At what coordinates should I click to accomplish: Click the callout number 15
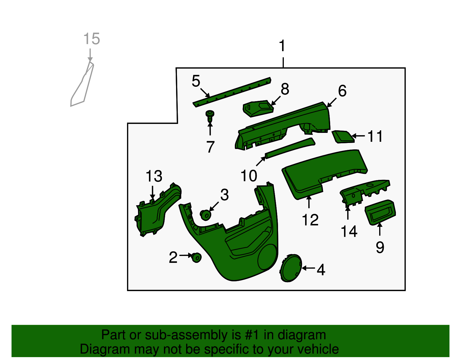[91, 39]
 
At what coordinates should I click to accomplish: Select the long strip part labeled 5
[232, 92]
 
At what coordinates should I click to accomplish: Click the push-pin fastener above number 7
[209, 116]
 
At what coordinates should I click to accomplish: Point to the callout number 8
[285, 89]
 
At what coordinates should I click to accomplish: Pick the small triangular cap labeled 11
[343, 137]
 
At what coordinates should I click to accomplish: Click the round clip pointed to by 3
[205, 215]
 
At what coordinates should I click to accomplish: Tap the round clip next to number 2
[196, 258]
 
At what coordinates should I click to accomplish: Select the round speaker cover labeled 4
[291, 268]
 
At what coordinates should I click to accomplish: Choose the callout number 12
[310, 220]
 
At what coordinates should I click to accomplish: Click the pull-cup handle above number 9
[380, 212]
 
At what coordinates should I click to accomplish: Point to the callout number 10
[249, 176]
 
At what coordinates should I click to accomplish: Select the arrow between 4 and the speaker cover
[308, 268]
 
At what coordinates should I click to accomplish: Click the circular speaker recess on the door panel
[267, 257]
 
